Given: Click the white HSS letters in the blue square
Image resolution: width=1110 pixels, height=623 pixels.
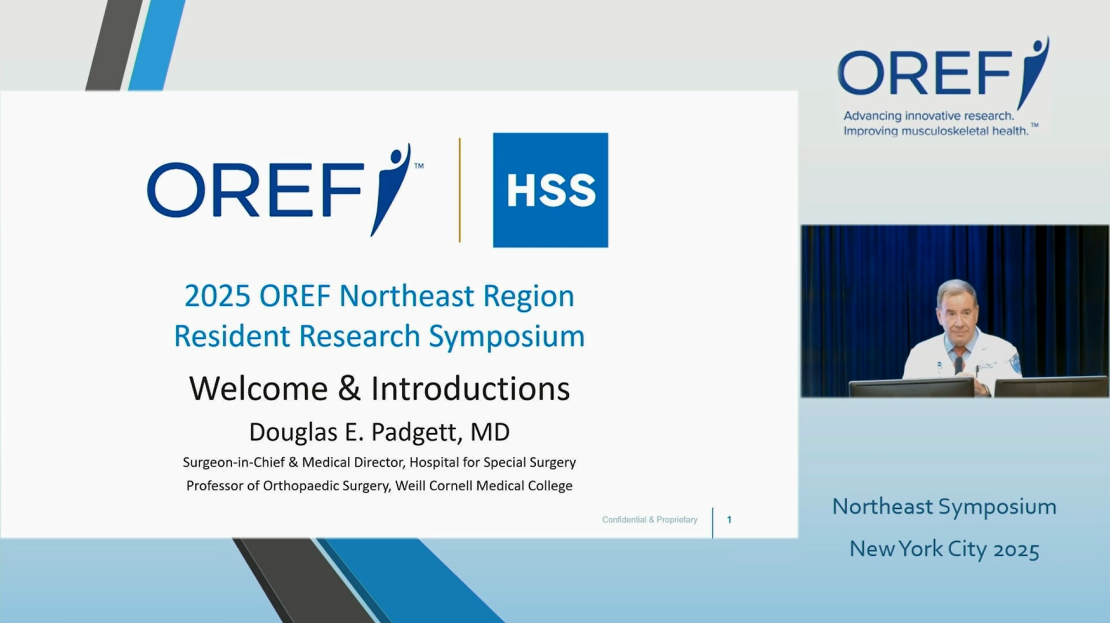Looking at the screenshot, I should click(x=551, y=191).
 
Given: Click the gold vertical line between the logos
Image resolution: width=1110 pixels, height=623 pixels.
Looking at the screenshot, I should click(x=459, y=190).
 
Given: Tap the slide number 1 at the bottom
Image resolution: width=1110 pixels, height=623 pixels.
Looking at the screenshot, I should click(x=729, y=520).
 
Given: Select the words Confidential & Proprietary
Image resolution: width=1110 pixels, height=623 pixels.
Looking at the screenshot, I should click(x=649, y=520).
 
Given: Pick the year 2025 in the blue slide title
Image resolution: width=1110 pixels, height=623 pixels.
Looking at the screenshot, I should click(x=217, y=296).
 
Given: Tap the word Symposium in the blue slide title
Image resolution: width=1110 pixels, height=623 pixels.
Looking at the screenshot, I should click(x=507, y=336).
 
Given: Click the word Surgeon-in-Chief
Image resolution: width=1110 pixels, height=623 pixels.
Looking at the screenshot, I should click(x=234, y=463).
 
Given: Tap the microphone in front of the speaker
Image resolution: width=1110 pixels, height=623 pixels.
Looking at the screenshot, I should click(x=958, y=366).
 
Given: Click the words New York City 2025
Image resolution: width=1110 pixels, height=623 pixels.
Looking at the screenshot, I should click(x=944, y=549).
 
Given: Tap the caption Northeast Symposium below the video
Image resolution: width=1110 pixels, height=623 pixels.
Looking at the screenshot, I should click(x=944, y=506).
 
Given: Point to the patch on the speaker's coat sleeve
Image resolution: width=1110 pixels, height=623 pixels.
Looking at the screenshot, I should click(x=1015, y=363).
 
